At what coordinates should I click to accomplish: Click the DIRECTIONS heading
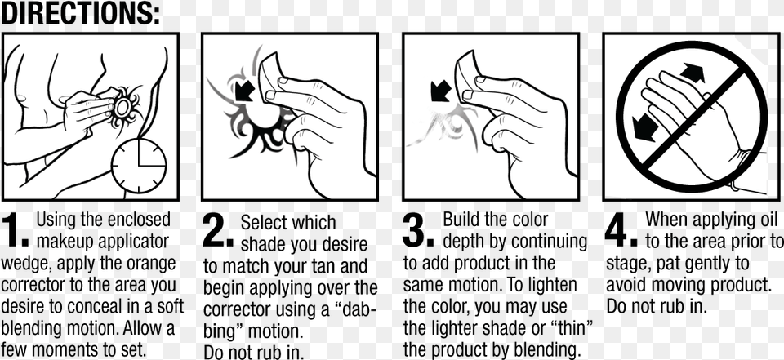(x=80, y=14)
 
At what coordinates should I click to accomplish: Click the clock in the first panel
(x=139, y=166)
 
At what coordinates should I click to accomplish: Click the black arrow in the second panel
(x=245, y=91)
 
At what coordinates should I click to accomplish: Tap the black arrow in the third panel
(x=441, y=91)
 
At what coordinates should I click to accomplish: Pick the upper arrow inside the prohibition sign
(x=693, y=73)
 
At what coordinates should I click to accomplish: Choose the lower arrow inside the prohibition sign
(x=645, y=127)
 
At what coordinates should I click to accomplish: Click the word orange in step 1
(x=149, y=263)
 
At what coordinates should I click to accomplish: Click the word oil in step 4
(x=766, y=219)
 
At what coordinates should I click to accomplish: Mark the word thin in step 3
(x=574, y=328)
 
